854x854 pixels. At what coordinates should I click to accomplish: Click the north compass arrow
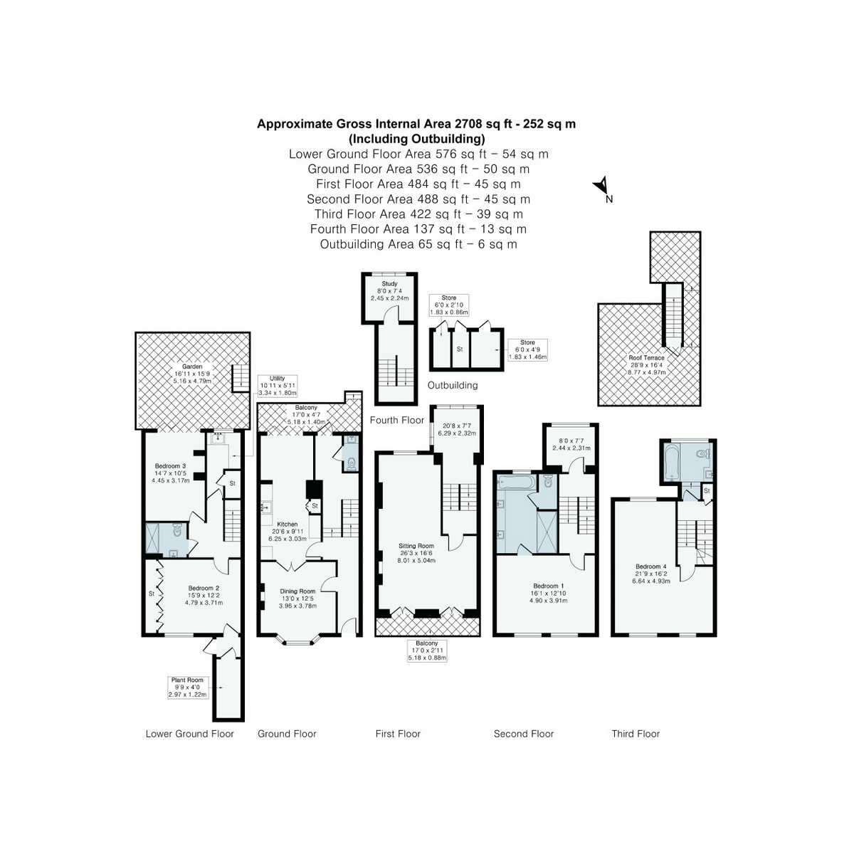coord(602,186)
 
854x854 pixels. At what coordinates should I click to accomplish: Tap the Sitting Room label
coord(416,547)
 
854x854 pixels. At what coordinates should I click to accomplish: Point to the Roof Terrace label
coord(646,358)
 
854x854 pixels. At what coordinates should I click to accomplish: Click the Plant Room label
coord(187,680)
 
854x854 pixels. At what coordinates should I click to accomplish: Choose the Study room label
coord(389,284)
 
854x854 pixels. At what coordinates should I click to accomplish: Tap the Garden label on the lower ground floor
coord(192,367)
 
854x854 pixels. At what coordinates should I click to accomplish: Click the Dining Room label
coord(297,591)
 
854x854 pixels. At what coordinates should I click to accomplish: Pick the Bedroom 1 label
coord(547,586)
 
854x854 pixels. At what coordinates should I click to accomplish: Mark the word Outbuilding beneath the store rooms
coord(453,386)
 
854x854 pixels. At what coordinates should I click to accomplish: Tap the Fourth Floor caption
coord(396,421)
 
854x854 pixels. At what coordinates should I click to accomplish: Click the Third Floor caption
coord(636,734)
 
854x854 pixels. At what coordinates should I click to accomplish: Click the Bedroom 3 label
coord(170,466)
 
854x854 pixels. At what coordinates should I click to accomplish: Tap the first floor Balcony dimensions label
coord(427,654)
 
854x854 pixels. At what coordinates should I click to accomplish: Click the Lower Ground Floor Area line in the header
coord(418,154)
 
